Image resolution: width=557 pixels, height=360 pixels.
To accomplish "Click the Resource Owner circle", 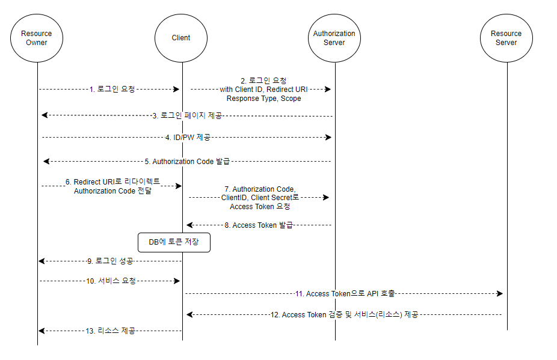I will click(37, 38).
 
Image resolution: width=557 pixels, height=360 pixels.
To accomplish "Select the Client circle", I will click(181, 38).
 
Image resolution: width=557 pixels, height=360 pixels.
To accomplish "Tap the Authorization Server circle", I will click(334, 38).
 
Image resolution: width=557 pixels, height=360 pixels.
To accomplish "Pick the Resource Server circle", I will click(506, 38).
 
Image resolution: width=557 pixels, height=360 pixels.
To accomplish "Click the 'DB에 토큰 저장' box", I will click(174, 242).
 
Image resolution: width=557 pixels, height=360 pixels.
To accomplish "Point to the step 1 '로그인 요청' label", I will click(112, 89).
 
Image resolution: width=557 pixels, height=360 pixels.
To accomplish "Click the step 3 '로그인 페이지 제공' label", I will click(187, 115).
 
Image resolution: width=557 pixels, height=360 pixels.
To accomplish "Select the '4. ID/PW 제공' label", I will click(188, 138).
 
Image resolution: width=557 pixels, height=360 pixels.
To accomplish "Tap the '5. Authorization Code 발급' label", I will click(187, 162).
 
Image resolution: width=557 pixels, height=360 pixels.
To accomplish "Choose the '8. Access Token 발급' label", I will click(259, 225).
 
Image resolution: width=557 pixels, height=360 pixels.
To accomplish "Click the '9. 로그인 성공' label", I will click(110, 261).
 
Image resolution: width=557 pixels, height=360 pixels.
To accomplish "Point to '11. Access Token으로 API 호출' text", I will click(345, 294).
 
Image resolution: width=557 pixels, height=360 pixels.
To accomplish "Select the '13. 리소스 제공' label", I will click(111, 331).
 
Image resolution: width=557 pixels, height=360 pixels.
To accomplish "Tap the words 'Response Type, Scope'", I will click(263, 98).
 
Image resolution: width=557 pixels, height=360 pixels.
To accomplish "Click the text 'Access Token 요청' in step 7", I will click(260, 207).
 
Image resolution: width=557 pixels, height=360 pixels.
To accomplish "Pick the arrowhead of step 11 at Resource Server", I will click(499, 294).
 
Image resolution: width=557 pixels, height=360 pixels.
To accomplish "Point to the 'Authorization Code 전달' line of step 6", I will click(112, 191).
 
